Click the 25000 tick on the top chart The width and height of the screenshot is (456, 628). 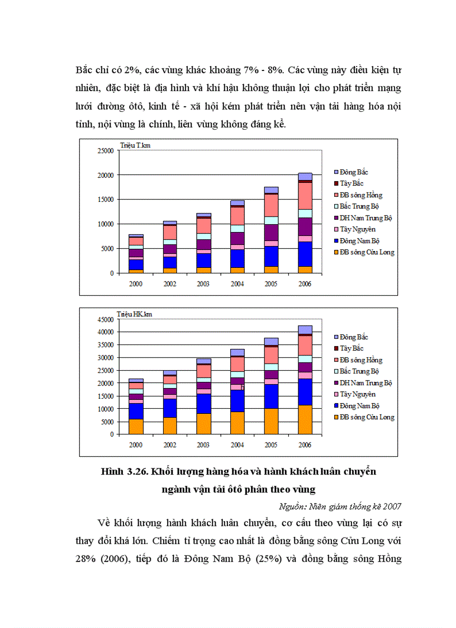coord(105,150)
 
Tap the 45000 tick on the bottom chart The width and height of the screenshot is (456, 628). coord(105,319)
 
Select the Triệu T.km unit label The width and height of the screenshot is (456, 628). coord(135,145)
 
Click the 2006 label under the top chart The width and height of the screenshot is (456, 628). coord(305,284)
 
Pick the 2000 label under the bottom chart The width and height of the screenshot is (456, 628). coord(136,445)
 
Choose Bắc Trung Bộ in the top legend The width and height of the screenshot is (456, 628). coord(361,206)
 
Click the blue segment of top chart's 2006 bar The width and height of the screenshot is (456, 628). coord(305,254)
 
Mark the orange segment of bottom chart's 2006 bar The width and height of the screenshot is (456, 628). coord(305,419)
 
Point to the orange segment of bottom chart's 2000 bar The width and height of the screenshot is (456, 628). coord(136,427)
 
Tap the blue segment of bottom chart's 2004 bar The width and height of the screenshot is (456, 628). coord(237,400)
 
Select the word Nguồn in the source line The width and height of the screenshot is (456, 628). coord(290,507)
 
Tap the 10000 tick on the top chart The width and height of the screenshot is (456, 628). coord(105,224)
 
